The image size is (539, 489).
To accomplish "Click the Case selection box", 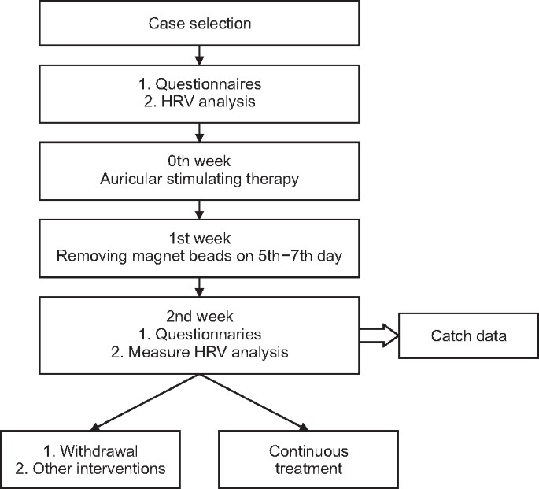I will coord(200,24).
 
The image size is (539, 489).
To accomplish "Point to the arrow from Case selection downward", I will coord(200,55).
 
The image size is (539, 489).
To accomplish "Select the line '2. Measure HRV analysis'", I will coord(200,353).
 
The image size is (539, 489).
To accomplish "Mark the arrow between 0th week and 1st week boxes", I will coord(200,208).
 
